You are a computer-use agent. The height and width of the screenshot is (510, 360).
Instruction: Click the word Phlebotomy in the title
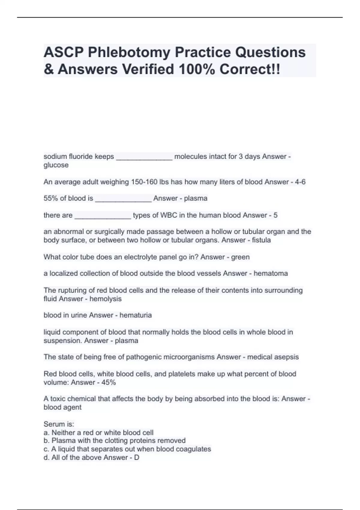(129, 52)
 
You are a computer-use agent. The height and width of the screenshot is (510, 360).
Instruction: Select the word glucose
(56, 165)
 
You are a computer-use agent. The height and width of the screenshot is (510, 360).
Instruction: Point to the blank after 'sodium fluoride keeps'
(144, 157)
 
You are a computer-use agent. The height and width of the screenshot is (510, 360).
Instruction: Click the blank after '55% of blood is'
(123, 199)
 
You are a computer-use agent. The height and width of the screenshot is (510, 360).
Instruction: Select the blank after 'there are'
(103, 216)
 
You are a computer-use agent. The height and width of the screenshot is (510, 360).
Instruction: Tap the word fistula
(261, 240)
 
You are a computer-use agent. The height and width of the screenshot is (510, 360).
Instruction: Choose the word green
(240, 257)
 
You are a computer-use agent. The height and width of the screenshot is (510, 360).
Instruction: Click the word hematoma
(271, 273)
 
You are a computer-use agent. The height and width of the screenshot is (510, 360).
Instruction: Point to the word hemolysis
(105, 299)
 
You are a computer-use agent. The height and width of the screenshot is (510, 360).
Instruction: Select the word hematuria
(136, 315)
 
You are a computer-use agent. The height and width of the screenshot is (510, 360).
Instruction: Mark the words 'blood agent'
(62, 407)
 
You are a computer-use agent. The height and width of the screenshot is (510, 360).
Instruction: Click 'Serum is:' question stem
(59, 424)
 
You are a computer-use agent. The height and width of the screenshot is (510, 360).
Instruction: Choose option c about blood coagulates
(127, 449)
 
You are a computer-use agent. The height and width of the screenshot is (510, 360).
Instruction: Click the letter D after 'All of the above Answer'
(136, 457)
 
